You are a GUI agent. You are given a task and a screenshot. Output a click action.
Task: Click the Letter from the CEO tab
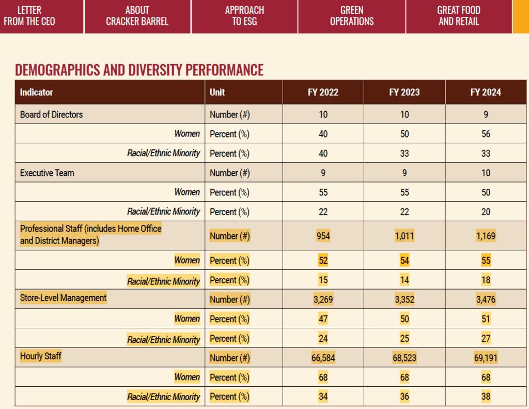(x=29, y=16)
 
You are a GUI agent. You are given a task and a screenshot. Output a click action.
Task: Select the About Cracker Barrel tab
(x=137, y=16)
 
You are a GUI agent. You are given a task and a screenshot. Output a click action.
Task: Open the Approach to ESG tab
(x=244, y=16)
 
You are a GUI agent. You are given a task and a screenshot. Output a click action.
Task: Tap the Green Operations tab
(x=352, y=16)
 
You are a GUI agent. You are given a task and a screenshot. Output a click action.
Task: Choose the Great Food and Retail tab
(x=459, y=16)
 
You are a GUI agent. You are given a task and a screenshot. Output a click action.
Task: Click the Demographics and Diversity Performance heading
(x=139, y=70)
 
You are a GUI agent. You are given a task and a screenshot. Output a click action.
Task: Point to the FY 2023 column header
(x=404, y=93)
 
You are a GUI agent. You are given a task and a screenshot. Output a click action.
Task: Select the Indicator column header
(x=37, y=93)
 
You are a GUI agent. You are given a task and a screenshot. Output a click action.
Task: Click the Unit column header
(x=217, y=93)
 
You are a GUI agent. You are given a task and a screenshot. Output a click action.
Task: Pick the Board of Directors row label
(x=51, y=114)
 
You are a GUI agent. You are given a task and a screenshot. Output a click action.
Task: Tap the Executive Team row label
(x=47, y=173)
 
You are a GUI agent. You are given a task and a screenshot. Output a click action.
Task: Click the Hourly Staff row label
(x=40, y=356)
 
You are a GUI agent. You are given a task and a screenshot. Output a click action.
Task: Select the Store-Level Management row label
(x=63, y=298)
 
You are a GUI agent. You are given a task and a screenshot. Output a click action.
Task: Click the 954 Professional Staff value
(x=323, y=236)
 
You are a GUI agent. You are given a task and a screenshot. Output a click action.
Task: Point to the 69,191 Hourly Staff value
(x=486, y=358)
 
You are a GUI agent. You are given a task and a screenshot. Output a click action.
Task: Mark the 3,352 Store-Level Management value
(x=404, y=299)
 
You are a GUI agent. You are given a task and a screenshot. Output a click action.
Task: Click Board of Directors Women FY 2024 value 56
(x=486, y=134)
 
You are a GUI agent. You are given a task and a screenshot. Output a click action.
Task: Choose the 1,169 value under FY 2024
(x=486, y=236)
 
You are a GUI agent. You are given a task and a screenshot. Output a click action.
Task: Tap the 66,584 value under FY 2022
(x=323, y=358)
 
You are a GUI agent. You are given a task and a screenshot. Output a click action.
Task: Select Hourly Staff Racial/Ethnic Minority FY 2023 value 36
(x=404, y=397)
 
